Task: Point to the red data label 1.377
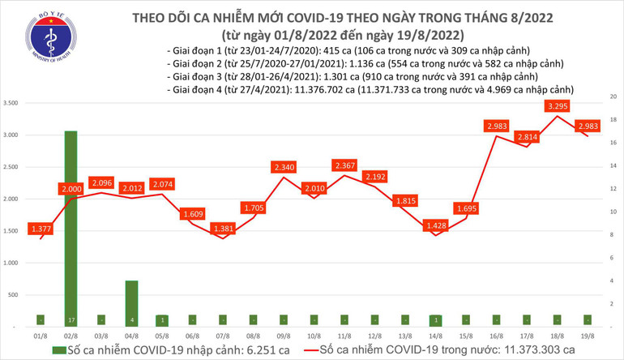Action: pos(41,229)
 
